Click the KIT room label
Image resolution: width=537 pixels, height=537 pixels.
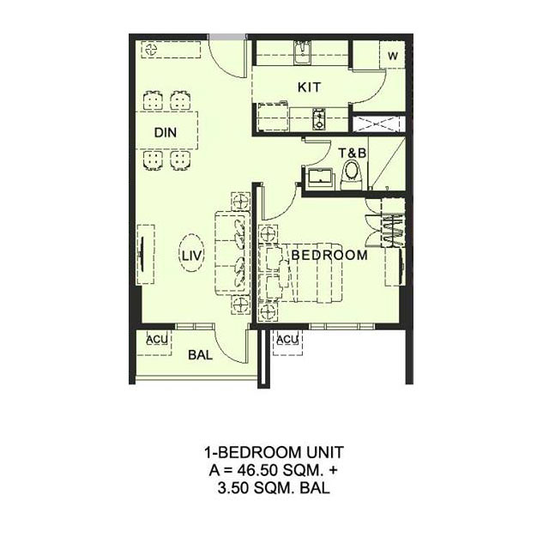pos(309,87)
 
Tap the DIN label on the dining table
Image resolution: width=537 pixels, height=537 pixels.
pos(166,133)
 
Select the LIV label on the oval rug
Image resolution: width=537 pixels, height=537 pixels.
pos(192,256)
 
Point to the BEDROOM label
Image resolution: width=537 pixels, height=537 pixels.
pos(329,255)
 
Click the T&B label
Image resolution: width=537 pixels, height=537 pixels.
pos(353,153)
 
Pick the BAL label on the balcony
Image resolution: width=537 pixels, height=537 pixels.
pos(201,355)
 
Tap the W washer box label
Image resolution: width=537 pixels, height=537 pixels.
pos(393,56)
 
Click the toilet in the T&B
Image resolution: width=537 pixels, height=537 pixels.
pos(351,176)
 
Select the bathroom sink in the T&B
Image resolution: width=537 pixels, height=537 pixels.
pos(320,178)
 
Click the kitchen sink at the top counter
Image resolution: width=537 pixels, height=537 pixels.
pos(303,52)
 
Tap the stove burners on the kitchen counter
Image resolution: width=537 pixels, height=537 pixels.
pos(318,119)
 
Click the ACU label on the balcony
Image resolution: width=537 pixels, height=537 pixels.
pos(157,340)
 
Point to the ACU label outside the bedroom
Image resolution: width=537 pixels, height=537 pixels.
pos(287,340)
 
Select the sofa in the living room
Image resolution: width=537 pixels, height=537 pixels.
pos(232,253)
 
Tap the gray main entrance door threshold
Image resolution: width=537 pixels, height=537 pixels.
pos(226,37)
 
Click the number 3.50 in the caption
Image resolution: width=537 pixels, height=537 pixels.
pos(232,488)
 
